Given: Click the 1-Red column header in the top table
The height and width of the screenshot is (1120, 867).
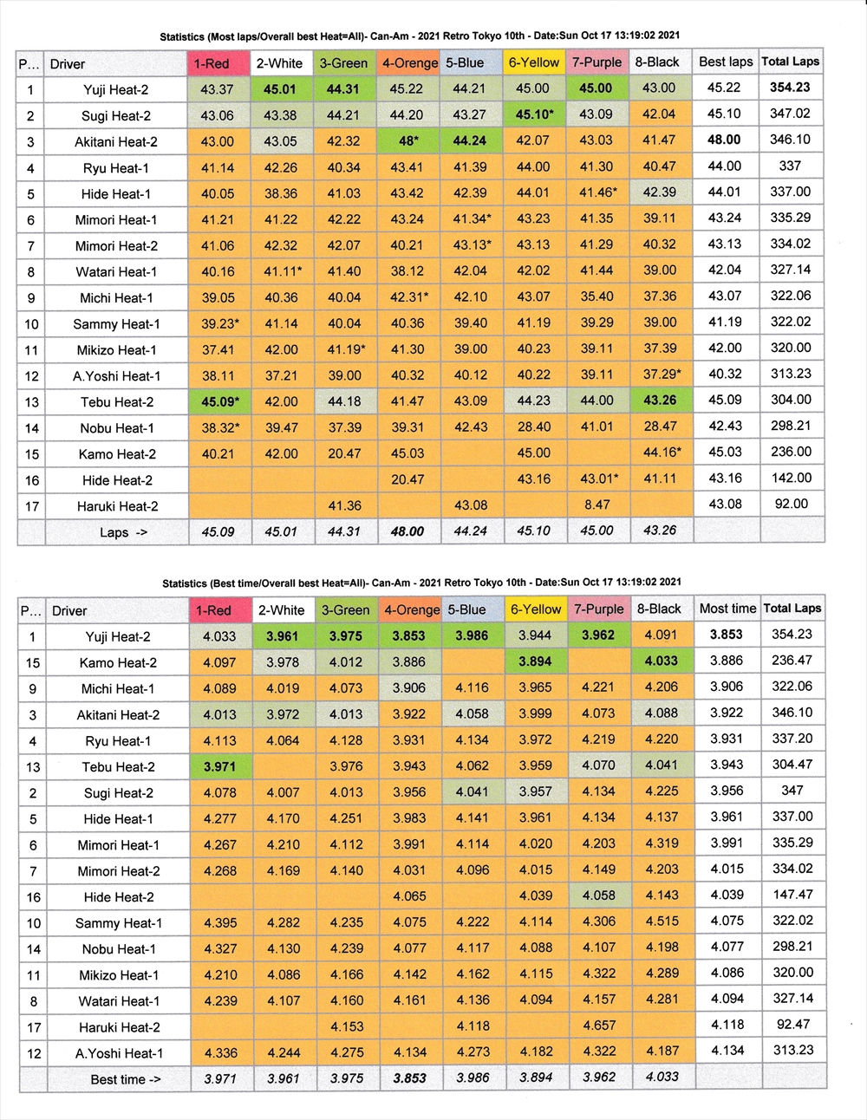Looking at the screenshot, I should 212,63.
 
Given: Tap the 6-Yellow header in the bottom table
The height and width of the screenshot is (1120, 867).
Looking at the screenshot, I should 535,609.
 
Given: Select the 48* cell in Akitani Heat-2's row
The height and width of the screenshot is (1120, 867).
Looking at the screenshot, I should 407,140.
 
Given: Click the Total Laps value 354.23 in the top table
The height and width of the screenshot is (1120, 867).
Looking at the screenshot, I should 790,88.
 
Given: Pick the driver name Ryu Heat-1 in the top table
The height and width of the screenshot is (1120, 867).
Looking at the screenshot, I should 116,167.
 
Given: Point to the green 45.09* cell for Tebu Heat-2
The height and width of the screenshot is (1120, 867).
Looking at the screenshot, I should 219,401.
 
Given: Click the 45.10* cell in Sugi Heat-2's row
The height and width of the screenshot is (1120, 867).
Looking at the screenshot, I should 534,114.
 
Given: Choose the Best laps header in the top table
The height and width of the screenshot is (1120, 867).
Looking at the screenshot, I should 726,62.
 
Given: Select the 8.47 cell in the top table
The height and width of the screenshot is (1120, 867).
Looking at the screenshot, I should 596,505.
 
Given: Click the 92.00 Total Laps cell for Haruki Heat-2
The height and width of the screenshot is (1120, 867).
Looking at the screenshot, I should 790,504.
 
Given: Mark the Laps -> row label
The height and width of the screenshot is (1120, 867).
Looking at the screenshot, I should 123,532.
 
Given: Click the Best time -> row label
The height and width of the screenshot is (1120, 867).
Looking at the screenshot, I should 125,1079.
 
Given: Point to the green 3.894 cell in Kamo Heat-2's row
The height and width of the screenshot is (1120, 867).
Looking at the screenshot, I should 535,661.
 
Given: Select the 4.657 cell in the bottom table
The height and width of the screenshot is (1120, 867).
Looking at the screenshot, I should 598,1026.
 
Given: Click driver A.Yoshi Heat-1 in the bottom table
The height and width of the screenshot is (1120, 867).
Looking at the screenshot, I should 119,1053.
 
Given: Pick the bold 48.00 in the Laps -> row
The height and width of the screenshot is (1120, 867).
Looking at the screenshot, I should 407,531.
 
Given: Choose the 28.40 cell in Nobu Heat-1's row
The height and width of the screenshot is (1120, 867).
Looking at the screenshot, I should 533,427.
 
